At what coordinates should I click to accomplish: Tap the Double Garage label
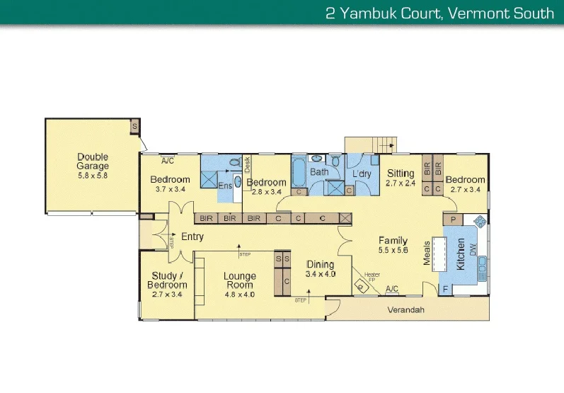point(93,161)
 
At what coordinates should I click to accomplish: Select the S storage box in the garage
point(134,126)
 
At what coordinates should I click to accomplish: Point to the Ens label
point(225,185)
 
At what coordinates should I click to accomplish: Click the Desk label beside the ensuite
point(247,164)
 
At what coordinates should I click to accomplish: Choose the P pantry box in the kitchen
point(453,220)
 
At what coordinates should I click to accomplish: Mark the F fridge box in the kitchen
point(444,289)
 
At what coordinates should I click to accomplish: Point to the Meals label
point(427,252)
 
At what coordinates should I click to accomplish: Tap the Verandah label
point(405,310)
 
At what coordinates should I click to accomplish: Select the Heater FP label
point(372,277)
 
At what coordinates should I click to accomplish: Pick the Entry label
point(192,237)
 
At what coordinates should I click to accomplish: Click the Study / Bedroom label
point(168,280)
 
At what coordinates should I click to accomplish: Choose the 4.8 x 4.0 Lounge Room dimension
point(239,295)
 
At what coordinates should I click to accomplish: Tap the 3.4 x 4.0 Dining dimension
point(320,273)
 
